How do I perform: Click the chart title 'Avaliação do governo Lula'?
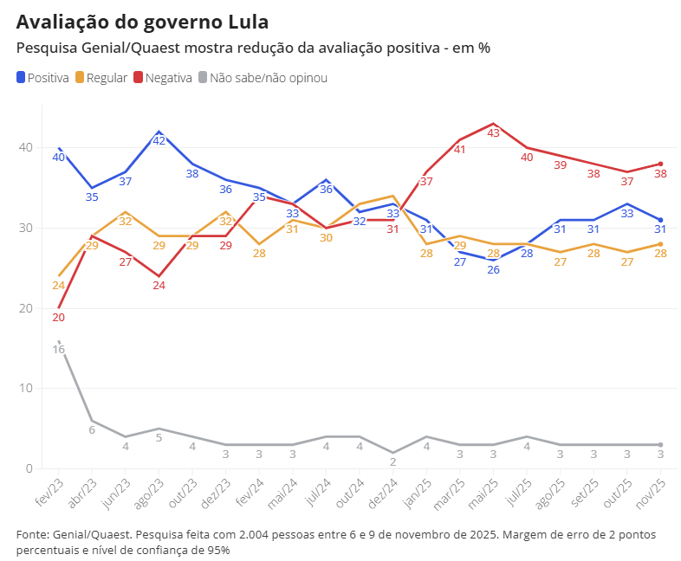point(142,22)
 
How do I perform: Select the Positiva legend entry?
point(42,78)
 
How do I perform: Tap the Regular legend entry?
point(101,78)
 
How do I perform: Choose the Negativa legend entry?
point(163,78)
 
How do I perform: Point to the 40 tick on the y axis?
point(25,148)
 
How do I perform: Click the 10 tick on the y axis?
point(25,389)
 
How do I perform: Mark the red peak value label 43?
point(493,133)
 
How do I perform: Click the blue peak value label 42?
point(159,141)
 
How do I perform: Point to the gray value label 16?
point(59,349)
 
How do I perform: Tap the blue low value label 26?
point(493,269)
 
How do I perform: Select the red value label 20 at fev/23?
point(59,318)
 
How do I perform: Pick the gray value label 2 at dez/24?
point(392,461)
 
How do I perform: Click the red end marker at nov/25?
point(660,164)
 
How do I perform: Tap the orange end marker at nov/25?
point(660,244)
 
